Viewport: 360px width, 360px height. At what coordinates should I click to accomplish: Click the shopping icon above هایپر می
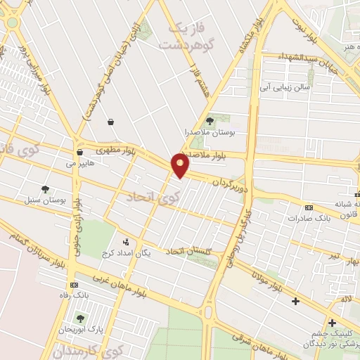79,152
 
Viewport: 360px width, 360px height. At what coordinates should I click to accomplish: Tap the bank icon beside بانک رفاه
72,285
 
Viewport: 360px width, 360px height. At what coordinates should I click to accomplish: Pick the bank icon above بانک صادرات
309,207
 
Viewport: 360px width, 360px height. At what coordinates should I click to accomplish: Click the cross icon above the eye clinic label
332,322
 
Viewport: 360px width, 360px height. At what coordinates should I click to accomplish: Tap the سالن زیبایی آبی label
286,88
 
